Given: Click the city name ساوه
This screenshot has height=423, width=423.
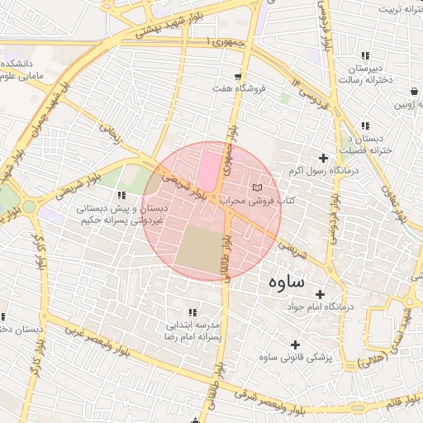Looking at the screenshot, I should pos(287,282).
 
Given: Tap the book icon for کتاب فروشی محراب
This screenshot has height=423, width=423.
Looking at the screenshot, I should pos(266,189).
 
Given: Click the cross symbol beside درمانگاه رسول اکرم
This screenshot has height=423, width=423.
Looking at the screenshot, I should pos(323,157).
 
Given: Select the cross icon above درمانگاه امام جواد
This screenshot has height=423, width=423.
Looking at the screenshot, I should pos(320,294).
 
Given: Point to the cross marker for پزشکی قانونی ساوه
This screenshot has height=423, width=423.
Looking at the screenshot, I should pos(295,344).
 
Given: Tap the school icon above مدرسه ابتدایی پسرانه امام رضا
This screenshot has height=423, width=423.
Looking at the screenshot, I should pos(193,312).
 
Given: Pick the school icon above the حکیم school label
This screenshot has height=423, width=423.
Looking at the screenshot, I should pos(121,196).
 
